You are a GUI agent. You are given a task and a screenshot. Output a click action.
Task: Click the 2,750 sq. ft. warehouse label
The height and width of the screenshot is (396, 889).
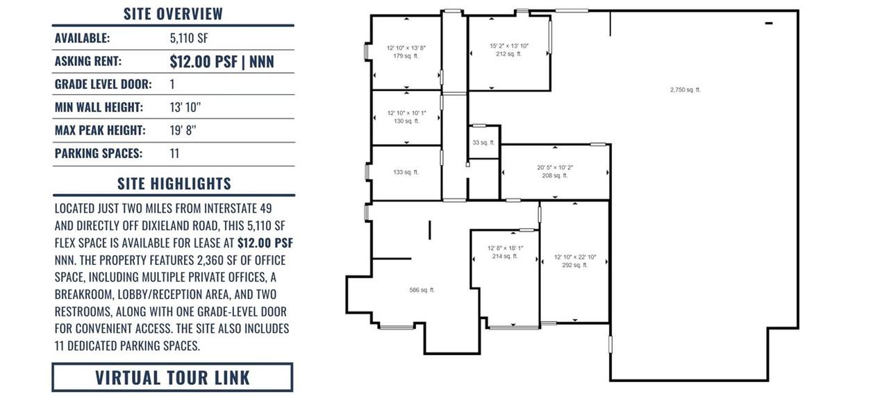click(686, 90)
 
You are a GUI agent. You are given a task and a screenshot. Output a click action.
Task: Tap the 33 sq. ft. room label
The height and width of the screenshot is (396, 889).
click(483, 143)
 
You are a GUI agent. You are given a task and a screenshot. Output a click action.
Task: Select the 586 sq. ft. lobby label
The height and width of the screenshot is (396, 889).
click(422, 290)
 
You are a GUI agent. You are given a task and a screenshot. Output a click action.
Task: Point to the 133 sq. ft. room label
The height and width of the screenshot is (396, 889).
click(406, 173)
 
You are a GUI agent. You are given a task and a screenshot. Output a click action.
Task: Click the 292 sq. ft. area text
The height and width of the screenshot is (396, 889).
click(575, 265)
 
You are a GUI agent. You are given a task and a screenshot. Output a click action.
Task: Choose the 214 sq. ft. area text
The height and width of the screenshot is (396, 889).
click(505, 257)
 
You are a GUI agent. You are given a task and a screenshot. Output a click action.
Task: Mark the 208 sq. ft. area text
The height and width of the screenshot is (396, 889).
click(555, 175)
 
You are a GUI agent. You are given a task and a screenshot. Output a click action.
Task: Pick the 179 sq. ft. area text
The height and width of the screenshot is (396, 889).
click(406, 56)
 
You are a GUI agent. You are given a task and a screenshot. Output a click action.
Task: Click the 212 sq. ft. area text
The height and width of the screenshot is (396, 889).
click(509, 54)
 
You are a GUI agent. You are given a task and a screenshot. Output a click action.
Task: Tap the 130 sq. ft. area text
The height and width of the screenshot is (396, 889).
click(406, 121)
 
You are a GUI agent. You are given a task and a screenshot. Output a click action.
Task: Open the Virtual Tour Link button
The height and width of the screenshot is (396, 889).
click(173, 377)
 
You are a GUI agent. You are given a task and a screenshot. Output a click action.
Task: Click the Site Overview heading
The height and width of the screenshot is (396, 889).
click(173, 14)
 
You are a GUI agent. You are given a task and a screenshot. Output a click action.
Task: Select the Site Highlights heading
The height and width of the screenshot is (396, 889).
click(174, 184)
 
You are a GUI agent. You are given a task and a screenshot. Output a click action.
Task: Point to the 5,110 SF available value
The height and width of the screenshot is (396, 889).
click(189, 38)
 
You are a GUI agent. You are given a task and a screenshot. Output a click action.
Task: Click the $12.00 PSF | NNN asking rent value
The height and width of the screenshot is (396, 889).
click(222, 62)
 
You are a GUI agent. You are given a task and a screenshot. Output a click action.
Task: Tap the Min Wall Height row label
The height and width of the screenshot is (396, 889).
click(99, 107)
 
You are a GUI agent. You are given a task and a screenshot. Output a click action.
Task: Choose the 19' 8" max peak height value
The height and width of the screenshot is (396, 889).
click(183, 130)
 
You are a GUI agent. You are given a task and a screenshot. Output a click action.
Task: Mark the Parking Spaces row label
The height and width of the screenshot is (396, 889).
click(99, 153)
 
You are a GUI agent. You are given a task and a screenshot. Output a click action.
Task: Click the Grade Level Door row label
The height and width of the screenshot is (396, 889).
click(103, 84)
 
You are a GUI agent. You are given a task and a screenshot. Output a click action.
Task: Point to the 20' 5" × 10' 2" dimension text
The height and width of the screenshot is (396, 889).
click(555, 168)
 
